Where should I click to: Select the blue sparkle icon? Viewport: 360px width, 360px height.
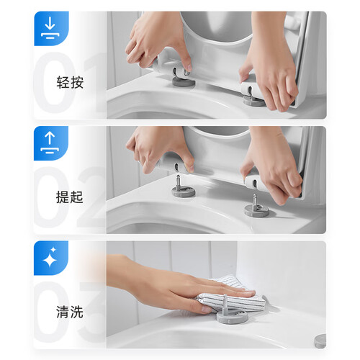tap(51, 258)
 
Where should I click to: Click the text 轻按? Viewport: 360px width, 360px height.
tap(70, 82)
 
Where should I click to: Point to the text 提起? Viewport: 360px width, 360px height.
tap(70, 197)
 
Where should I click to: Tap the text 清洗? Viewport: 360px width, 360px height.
tap(70, 312)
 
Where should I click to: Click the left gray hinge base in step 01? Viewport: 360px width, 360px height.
tap(184, 82)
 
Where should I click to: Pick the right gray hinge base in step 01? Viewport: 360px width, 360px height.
tap(253, 101)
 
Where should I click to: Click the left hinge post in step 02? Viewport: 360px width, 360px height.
tap(179, 181)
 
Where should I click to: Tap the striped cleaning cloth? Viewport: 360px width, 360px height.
tap(230, 297)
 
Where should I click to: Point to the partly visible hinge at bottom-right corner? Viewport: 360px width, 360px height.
tap(320, 341)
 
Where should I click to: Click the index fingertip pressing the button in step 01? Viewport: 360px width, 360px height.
tap(188, 68)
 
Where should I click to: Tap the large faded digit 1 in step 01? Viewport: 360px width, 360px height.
tap(95, 82)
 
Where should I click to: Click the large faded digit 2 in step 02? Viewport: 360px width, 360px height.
tap(91, 197)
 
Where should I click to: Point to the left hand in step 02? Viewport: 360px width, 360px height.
tap(160, 150)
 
